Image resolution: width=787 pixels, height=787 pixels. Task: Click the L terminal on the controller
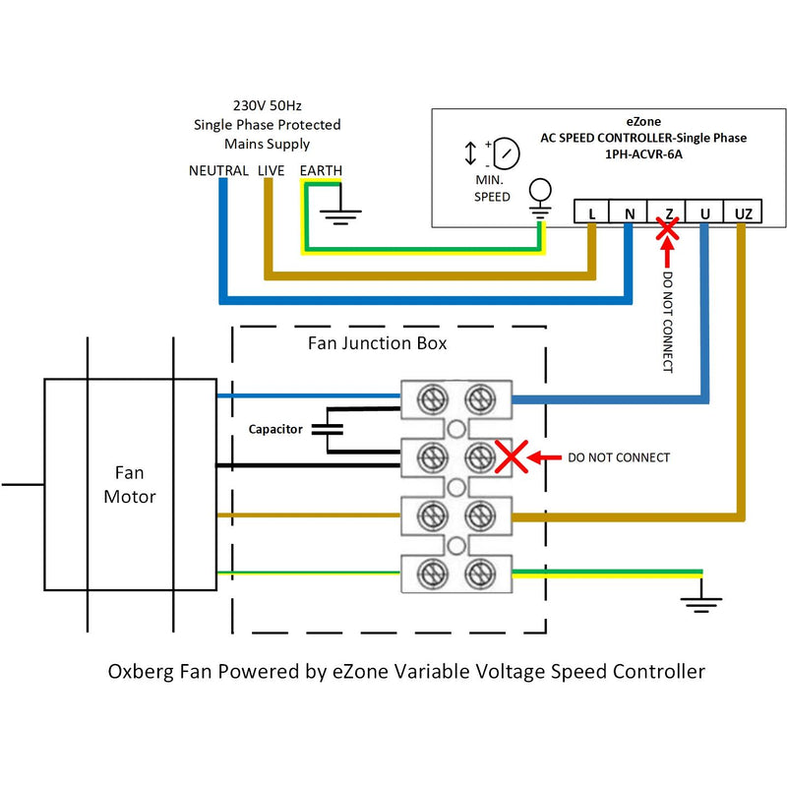[592, 212]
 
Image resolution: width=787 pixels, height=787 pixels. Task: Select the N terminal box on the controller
[630, 212]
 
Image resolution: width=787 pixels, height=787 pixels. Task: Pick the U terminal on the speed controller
[704, 212]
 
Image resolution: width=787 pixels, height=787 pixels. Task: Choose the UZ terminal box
[743, 212]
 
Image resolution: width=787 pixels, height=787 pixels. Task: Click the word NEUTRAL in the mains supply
[218, 171]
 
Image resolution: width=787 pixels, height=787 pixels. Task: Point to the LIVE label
[272, 171]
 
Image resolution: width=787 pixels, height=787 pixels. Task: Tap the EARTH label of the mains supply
[322, 171]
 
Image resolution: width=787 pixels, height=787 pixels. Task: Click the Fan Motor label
[130, 486]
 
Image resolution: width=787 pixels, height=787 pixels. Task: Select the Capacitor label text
[275, 430]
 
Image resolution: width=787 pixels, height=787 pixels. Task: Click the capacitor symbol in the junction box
[328, 429]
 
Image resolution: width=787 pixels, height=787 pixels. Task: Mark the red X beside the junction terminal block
[511, 456]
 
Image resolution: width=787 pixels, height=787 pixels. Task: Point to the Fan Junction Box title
[377, 343]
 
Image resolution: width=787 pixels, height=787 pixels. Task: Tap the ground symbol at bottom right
[700, 600]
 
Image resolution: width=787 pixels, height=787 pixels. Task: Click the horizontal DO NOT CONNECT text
[620, 457]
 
